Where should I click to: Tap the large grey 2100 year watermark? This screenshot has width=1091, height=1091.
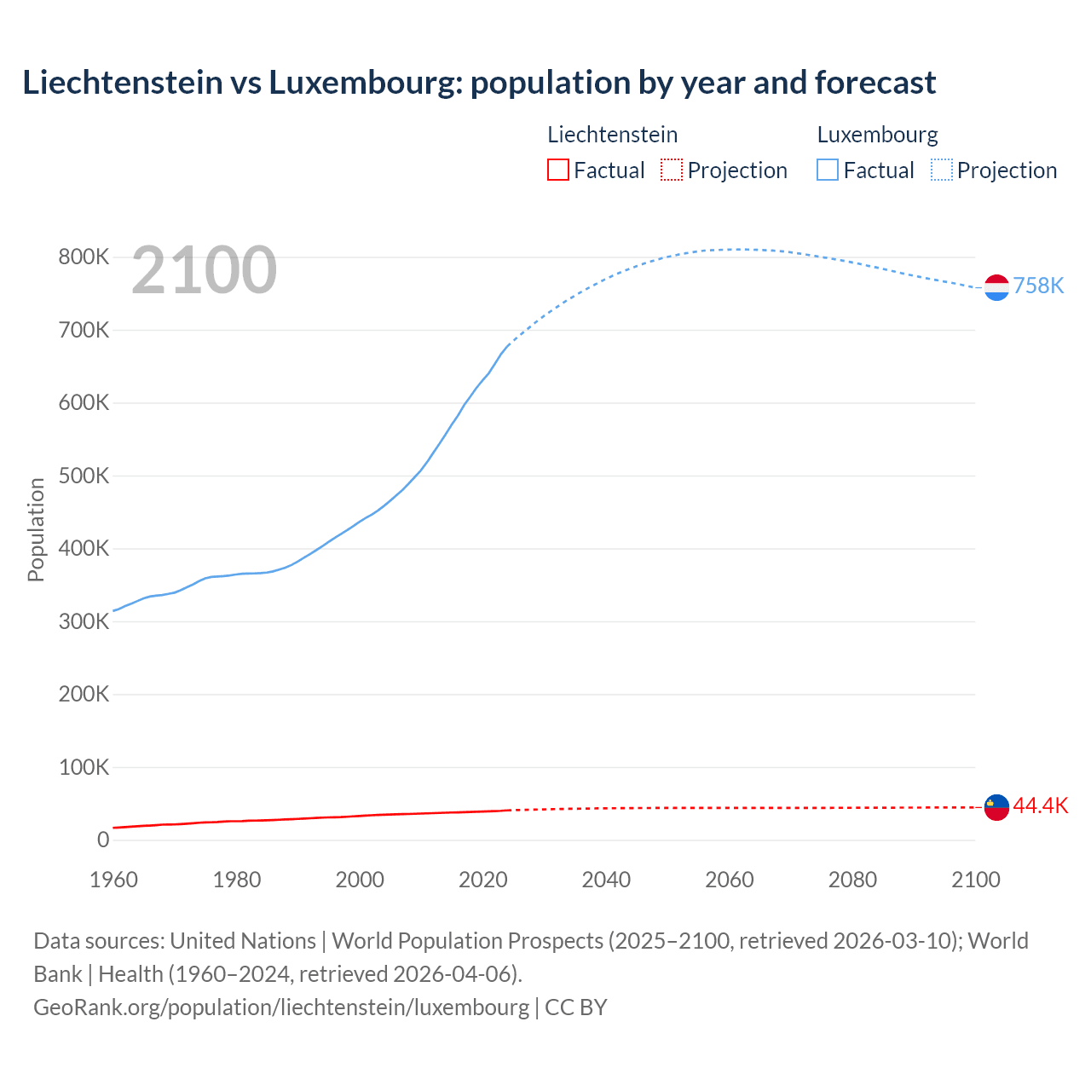click(204, 270)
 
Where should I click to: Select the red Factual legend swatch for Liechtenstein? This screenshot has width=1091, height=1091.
click(557, 170)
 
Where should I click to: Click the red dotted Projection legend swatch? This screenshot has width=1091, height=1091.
click(672, 170)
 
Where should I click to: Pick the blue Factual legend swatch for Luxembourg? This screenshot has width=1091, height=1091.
click(828, 170)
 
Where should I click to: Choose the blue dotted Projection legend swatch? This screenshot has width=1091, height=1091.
click(942, 170)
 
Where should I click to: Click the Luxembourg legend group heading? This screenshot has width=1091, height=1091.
click(877, 135)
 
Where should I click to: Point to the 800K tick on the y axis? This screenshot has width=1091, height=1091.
click(84, 257)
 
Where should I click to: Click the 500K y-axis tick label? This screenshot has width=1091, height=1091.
click(84, 476)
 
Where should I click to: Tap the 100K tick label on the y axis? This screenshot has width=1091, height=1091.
click(84, 767)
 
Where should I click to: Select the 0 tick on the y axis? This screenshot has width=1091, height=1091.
click(103, 840)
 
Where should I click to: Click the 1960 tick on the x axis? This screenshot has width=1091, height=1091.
click(113, 880)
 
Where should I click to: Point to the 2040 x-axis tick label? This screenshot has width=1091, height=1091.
click(606, 880)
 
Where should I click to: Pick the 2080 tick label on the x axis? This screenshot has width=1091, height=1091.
click(852, 880)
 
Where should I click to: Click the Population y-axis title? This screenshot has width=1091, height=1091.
click(36, 529)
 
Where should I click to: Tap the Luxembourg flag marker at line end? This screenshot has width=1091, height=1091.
click(996, 287)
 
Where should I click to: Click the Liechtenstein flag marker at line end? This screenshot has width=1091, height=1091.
click(996, 806)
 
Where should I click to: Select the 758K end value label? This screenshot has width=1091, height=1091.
click(1038, 286)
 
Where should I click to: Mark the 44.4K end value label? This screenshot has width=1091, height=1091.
click(1040, 806)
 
